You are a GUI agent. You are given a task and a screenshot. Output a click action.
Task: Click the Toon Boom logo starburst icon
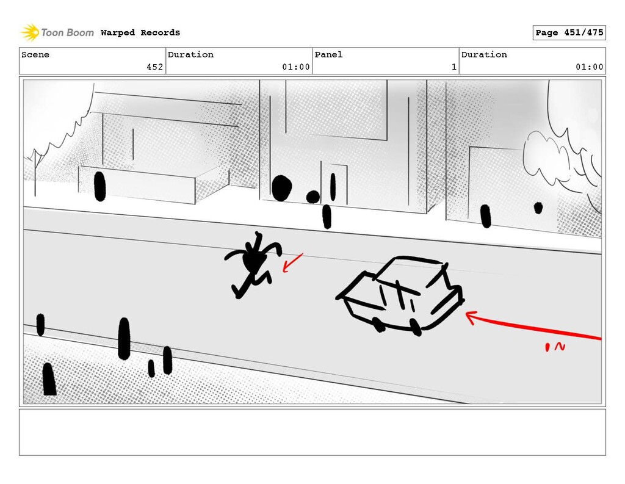[30, 32]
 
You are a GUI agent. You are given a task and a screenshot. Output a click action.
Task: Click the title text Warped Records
[140, 32]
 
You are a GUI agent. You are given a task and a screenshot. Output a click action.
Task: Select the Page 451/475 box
[569, 32]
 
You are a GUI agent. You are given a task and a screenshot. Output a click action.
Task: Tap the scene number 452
[154, 67]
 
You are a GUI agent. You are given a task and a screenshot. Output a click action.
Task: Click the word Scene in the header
[35, 55]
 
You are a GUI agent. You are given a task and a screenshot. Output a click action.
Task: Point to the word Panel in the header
[328, 55]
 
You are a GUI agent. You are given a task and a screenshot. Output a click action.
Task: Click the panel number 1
[453, 67]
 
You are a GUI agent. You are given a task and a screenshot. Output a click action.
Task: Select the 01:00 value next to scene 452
[295, 67]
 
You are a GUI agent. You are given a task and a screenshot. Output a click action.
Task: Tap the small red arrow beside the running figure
[292, 262]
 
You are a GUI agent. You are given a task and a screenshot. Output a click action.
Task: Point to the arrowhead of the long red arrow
[469, 316]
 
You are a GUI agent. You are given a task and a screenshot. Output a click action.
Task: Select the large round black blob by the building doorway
[281, 188]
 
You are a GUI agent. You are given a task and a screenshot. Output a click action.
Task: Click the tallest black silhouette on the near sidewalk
[124, 338]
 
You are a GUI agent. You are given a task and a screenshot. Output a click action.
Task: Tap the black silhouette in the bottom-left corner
[49, 379]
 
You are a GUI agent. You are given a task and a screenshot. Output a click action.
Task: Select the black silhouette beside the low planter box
[99, 186]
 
